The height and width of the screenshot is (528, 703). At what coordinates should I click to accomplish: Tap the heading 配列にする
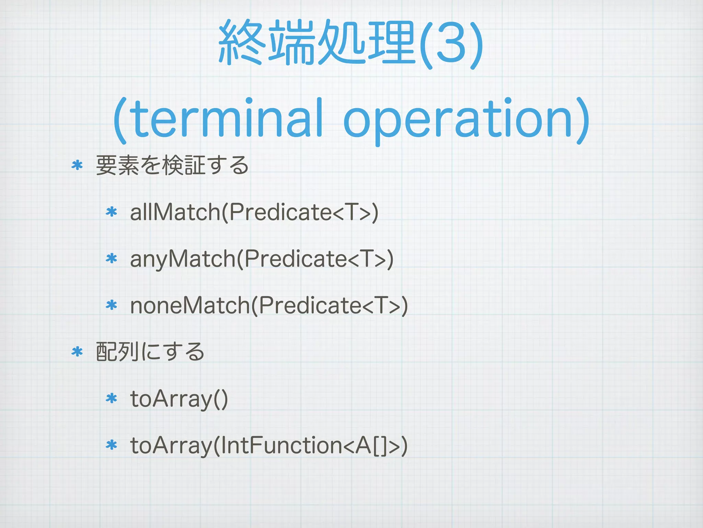tap(150, 352)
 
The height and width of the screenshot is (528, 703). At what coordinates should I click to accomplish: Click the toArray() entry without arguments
tap(179, 399)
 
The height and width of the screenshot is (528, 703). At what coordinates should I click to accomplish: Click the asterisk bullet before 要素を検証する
tap(77, 165)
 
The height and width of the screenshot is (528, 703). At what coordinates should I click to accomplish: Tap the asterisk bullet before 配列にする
tap(77, 352)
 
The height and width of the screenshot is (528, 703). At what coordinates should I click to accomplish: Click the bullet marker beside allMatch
tap(112, 212)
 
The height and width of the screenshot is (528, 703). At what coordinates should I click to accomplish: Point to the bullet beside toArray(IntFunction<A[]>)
tap(112, 445)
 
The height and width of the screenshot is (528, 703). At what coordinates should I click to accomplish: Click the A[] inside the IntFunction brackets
tap(372, 445)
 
